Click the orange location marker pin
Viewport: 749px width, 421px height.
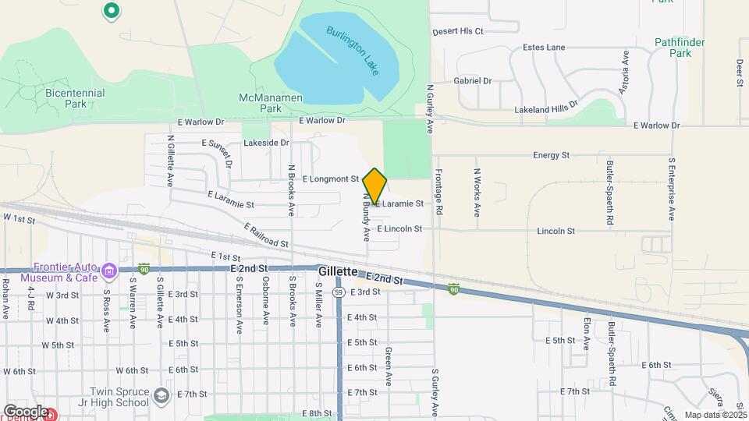(374, 186)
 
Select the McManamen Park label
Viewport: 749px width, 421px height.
(260, 103)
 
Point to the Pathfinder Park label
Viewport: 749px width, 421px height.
(673, 48)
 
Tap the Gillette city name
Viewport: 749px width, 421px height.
(338, 271)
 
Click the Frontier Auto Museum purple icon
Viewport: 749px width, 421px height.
(110, 271)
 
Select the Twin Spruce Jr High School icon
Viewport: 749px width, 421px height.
(161, 395)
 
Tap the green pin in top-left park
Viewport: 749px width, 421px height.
(111, 11)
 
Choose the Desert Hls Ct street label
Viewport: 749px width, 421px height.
(459, 31)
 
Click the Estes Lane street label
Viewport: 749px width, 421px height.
(545, 48)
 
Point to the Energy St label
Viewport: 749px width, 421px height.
(551, 155)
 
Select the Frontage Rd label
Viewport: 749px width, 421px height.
(439, 193)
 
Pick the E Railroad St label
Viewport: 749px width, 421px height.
(266, 235)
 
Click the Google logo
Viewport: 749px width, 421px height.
(26, 411)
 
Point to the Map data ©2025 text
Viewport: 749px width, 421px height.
(715, 415)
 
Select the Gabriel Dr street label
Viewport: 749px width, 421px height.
(473, 80)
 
